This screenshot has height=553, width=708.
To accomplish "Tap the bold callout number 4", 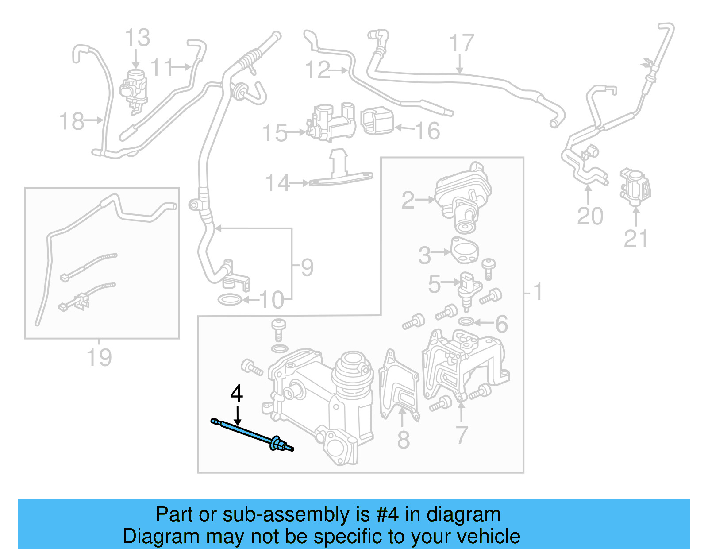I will (x=237, y=393).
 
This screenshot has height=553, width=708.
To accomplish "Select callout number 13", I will (x=138, y=38).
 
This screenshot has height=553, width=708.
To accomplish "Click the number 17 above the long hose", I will (x=462, y=43).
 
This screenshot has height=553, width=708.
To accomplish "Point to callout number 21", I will (x=636, y=239).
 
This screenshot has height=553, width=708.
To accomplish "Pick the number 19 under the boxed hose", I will (x=99, y=357).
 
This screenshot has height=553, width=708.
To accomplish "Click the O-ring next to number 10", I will (x=230, y=300).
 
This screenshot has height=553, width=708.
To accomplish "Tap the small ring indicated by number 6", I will (x=466, y=321).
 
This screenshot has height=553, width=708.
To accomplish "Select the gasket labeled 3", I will (x=465, y=251).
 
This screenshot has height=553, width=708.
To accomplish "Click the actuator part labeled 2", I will (x=463, y=195).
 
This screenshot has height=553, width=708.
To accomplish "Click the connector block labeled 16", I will (x=377, y=121).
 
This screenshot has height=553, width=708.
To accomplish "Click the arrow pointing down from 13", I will (x=136, y=58).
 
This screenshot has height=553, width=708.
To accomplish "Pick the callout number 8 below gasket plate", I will (x=403, y=440).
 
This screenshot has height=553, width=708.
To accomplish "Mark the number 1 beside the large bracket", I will (x=537, y=292).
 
